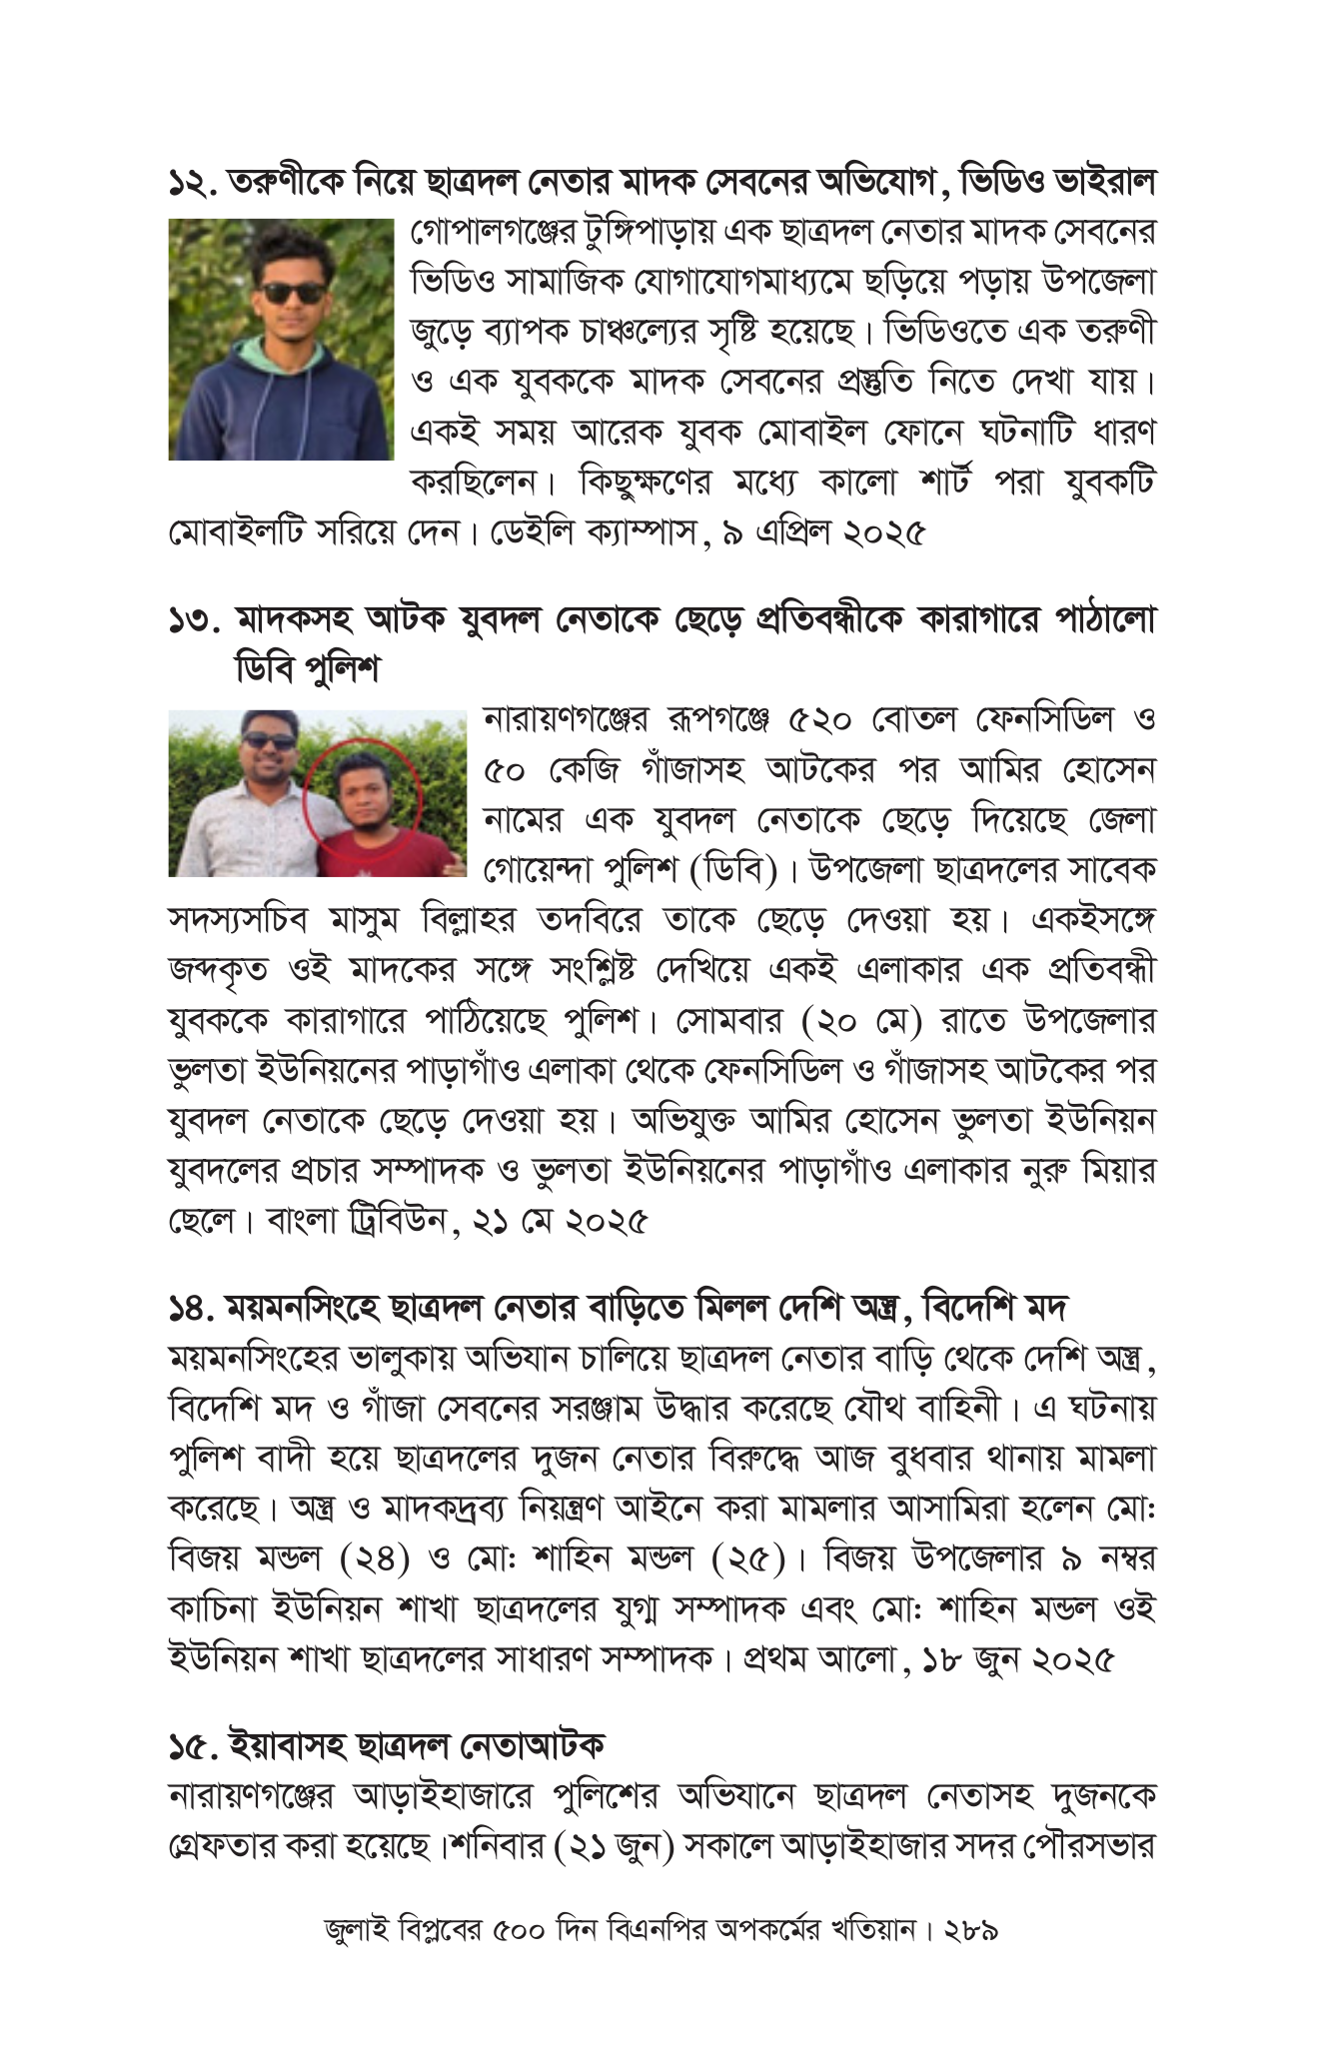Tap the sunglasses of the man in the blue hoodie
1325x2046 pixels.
point(292,293)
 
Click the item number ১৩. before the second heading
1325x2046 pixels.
point(192,621)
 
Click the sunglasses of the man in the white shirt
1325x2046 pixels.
point(269,741)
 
